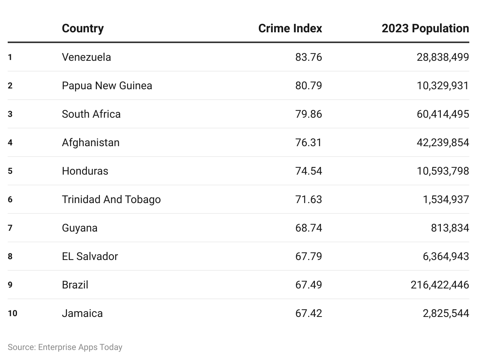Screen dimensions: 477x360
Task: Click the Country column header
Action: click(x=83, y=29)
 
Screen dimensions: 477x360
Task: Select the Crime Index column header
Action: click(x=290, y=28)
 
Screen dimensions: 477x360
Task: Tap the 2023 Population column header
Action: click(x=425, y=28)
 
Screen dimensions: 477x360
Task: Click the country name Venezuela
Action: click(x=86, y=57)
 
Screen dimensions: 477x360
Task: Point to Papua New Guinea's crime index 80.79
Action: click(x=309, y=86)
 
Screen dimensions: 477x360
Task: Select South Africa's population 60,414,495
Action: click(x=443, y=114)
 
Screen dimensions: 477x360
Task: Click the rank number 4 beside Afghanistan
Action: click(x=10, y=143)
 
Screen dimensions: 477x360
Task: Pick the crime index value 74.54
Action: click(x=309, y=171)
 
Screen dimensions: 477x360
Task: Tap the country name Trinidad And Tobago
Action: click(x=111, y=200)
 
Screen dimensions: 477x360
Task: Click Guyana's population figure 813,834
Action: click(x=450, y=228)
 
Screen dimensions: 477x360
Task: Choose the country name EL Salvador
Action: click(x=90, y=257)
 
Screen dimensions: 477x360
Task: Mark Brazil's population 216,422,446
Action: click(x=440, y=285)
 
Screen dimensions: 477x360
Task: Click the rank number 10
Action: click(x=12, y=313)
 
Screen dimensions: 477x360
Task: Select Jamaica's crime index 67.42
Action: click(x=309, y=313)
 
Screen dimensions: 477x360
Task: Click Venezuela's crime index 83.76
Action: click(x=309, y=57)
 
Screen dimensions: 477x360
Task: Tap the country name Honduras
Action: click(x=85, y=171)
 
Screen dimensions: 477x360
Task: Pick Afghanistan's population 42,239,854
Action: click(x=443, y=143)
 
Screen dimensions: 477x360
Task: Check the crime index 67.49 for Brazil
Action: click(x=309, y=285)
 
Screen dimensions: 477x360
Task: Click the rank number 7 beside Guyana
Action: click(x=10, y=228)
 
